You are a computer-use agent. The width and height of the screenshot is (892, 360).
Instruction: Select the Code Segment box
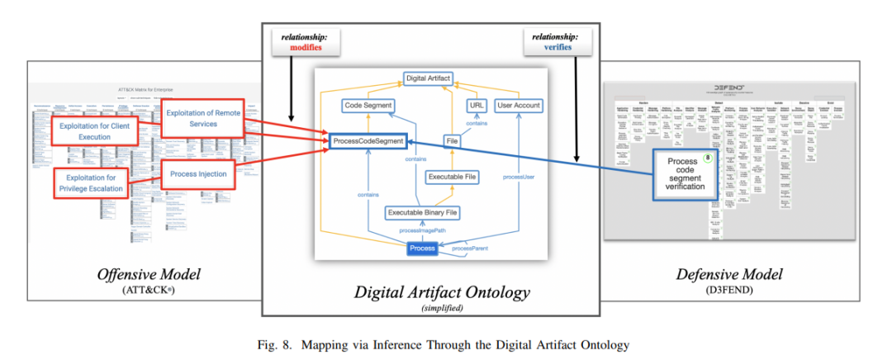368,106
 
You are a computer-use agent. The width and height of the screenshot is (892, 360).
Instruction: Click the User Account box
519,106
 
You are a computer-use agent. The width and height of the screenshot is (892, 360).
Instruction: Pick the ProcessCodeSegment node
368,142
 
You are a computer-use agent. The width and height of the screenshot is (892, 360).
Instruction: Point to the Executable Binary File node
422,213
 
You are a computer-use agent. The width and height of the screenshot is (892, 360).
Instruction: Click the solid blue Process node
422,249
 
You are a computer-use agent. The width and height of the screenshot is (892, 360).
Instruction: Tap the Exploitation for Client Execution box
94,130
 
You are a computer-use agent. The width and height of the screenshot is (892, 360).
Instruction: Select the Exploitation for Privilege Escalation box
91,183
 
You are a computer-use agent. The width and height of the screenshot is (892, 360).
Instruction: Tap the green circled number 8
707,158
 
